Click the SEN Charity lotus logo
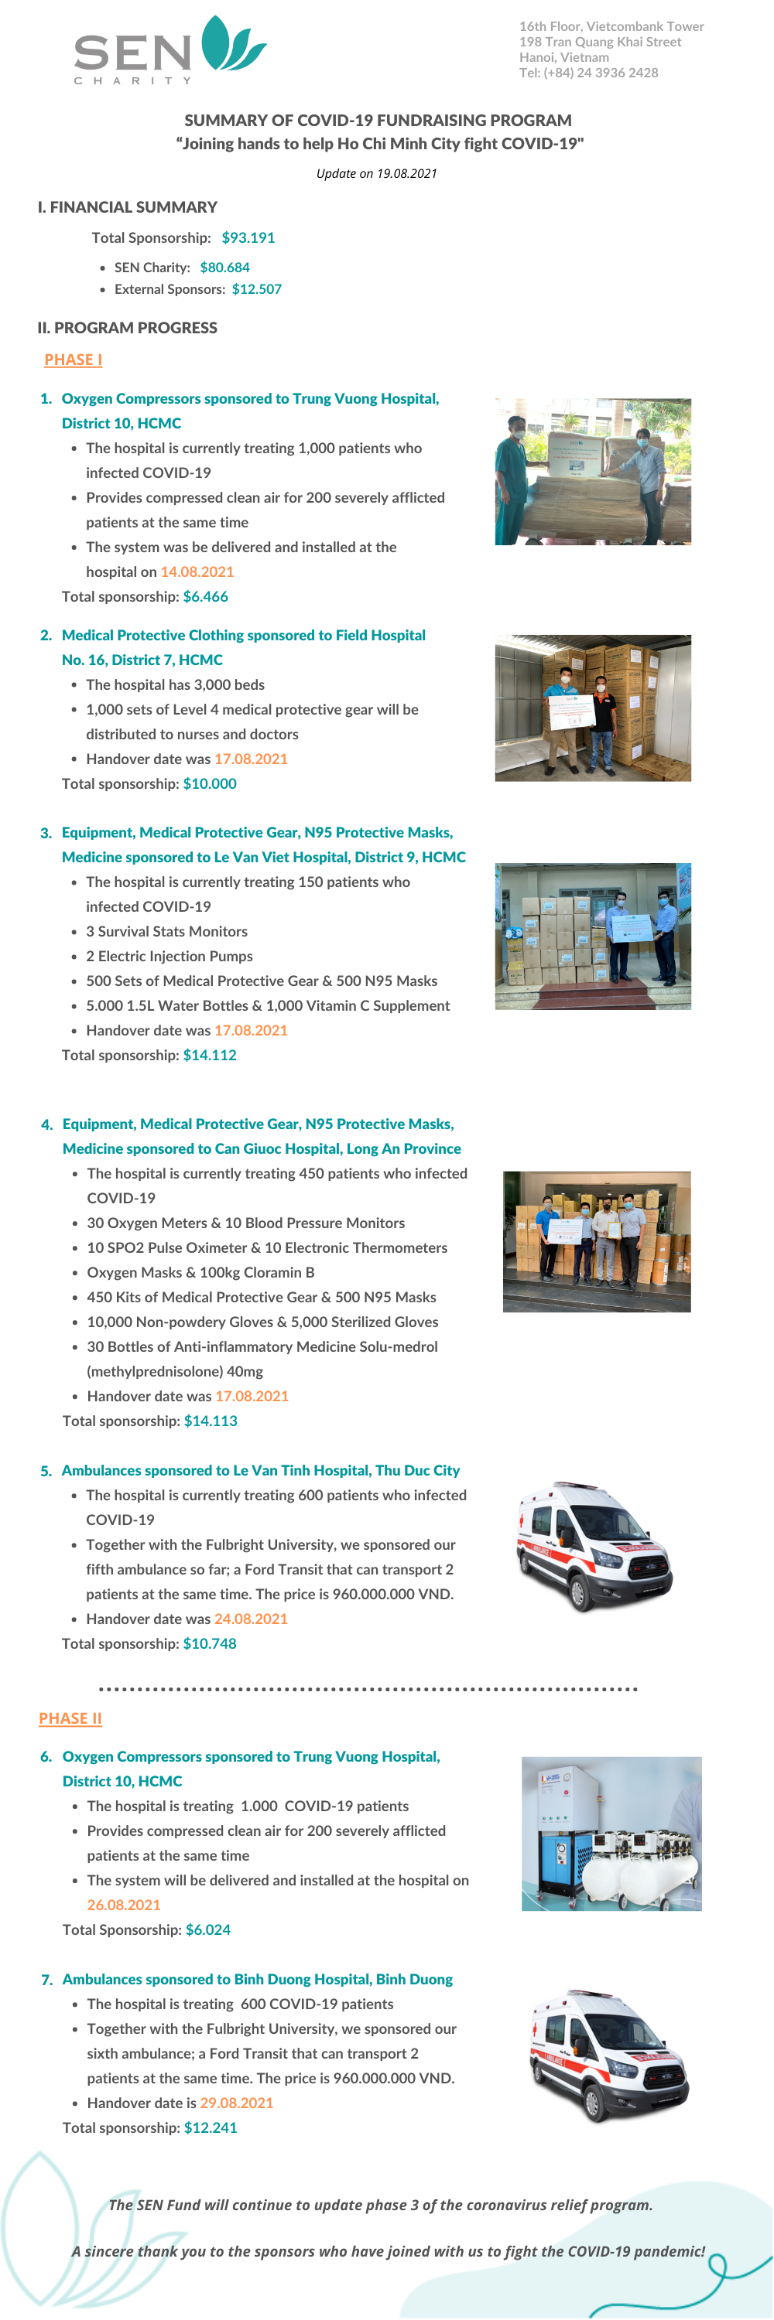(170, 49)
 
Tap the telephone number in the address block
(588, 73)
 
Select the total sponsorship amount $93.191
(248, 237)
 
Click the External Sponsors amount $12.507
(257, 289)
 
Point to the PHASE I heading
(73, 360)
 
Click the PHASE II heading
(70, 1718)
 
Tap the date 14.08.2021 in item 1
(197, 572)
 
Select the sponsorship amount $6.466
(205, 596)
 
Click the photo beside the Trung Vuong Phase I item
(593, 472)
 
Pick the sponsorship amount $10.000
(210, 783)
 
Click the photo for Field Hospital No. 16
(593, 708)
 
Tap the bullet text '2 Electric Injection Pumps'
(170, 957)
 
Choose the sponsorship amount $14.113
(211, 1421)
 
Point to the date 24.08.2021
(252, 1619)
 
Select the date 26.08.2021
(123, 1905)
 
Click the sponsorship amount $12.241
(211, 2127)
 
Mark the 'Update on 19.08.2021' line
(377, 174)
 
